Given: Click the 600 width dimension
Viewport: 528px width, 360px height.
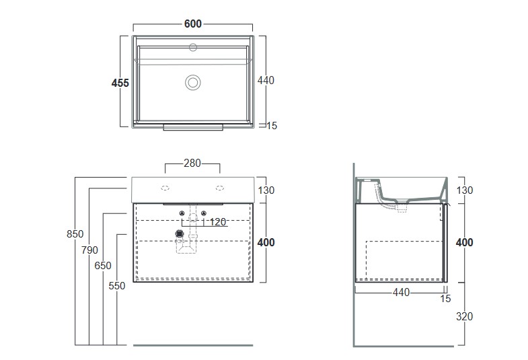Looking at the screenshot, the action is click(x=192, y=24).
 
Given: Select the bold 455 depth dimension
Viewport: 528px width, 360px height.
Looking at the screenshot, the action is click(x=120, y=83).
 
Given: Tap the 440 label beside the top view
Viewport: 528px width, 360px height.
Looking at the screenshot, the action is click(x=266, y=80).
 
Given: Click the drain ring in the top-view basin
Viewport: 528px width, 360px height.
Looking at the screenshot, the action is click(x=193, y=83).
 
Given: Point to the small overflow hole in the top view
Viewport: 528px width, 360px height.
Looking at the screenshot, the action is click(x=193, y=47).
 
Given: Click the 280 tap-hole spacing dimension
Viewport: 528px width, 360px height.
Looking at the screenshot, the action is click(x=192, y=164).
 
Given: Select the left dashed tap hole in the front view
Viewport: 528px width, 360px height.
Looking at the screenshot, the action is click(x=165, y=188).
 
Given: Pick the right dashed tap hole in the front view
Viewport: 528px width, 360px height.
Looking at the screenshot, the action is click(x=220, y=188).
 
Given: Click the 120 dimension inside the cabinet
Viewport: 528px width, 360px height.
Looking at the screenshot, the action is click(x=218, y=222).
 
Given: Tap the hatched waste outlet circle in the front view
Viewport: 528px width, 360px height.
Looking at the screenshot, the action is click(x=180, y=233).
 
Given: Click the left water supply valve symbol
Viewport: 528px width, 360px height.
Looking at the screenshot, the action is click(x=182, y=213).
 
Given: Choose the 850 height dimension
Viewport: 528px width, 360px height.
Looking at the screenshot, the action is click(x=75, y=233).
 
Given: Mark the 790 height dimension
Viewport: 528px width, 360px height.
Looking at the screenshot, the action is click(x=89, y=250).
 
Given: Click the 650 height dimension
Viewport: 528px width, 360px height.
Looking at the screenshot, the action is click(x=103, y=266).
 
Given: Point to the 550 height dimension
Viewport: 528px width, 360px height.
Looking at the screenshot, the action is click(x=117, y=286).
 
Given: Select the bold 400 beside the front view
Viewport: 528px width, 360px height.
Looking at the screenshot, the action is click(x=266, y=242).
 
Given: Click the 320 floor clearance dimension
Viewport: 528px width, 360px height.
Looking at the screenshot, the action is click(x=464, y=316).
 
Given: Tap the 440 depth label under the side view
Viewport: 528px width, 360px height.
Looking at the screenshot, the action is click(x=401, y=292).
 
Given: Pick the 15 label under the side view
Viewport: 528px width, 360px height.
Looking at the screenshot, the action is click(x=445, y=299).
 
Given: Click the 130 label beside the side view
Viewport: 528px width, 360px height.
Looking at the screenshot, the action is click(x=465, y=190).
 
